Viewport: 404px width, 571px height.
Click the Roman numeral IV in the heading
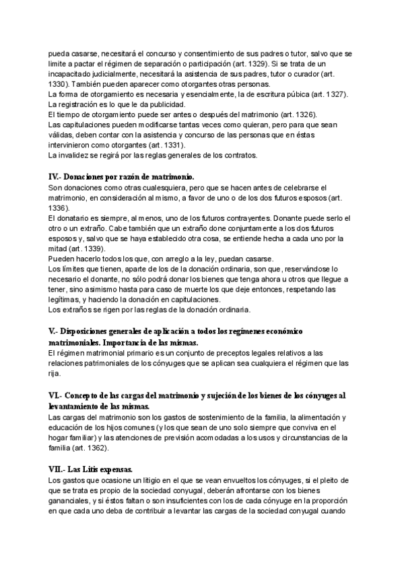click(x=54, y=176)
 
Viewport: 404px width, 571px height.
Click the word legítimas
click(x=70, y=300)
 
